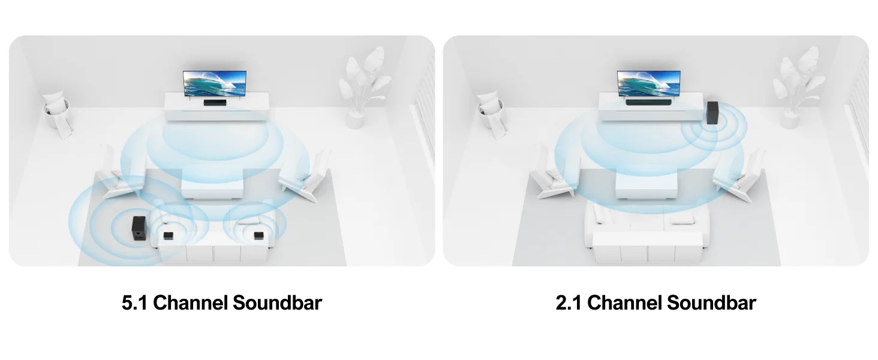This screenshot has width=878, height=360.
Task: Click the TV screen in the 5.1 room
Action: coord(215,83)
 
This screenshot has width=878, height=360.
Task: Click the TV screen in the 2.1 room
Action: coord(649,83)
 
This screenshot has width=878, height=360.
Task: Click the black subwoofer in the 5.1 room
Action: coord(139,228)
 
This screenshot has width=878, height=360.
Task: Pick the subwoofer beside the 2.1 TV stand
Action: coord(712,113)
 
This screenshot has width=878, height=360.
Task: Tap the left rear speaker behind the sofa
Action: coord(168,235)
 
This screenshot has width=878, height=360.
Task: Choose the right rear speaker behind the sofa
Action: coord(258,235)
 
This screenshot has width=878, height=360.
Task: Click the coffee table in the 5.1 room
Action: coord(212,184)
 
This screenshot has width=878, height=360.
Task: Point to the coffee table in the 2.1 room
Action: coord(647,185)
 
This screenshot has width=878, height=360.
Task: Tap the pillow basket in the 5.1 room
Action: coord(58,115)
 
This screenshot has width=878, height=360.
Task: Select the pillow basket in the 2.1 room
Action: coord(492,115)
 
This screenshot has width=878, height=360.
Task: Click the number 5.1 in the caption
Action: coord(134,303)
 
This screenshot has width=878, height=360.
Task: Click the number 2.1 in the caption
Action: coord(569,303)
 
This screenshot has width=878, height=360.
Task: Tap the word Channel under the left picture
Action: coord(190,303)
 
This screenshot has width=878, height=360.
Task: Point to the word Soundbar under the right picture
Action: coord(711,303)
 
